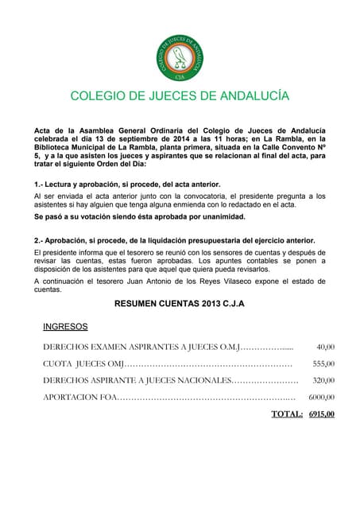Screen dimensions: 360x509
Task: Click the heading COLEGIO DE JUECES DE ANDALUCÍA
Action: click(180, 96)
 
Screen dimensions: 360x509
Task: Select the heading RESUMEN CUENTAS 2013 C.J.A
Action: click(180, 304)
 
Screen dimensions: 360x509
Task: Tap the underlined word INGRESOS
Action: click(65, 326)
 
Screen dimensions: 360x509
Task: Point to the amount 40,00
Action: click(325, 347)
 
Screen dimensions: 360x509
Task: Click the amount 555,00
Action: click(323, 363)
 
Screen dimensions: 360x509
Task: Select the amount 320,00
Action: click(323, 380)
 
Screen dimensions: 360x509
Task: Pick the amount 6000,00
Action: click(321, 397)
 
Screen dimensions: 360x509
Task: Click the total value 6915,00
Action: click(321, 414)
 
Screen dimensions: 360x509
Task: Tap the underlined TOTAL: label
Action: click(287, 414)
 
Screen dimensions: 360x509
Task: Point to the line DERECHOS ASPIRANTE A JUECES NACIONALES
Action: click(137, 380)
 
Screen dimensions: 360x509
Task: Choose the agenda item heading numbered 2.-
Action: click(174, 240)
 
